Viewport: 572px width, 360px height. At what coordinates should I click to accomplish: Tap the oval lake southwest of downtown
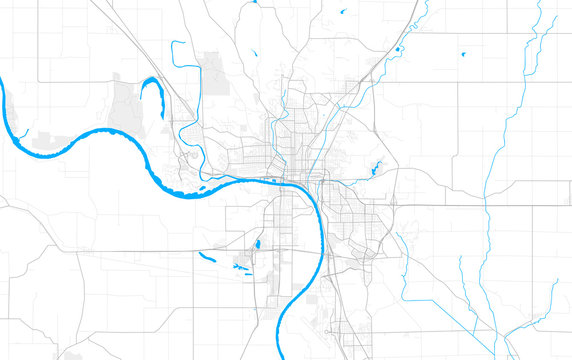tap(257, 243)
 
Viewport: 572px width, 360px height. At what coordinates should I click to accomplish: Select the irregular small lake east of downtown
tap(377, 169)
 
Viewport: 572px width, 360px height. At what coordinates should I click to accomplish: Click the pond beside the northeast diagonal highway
tap(398, 48)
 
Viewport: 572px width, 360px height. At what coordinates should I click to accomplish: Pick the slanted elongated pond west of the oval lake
tap(207, 256)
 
